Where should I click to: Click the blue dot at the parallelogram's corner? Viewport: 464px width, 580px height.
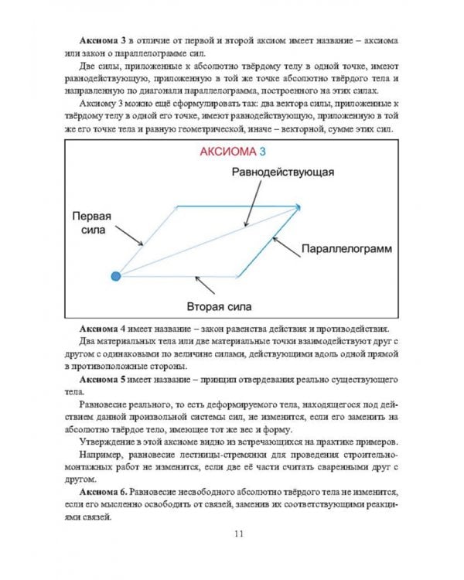click(115, 275)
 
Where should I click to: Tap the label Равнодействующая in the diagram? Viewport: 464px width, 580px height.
click(283, 171)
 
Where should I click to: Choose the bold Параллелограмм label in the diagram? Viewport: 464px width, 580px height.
click(345, 250)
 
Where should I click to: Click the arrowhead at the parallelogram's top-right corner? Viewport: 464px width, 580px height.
click(296, 206)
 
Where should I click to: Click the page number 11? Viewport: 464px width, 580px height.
click(238, 533)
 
